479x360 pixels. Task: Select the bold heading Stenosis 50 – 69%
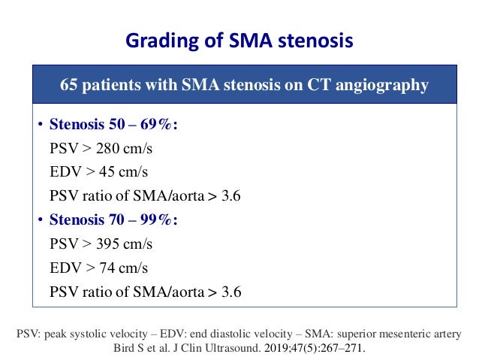click(x=113, y=124)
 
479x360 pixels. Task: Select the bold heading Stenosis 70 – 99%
click(x=113, y=220)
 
